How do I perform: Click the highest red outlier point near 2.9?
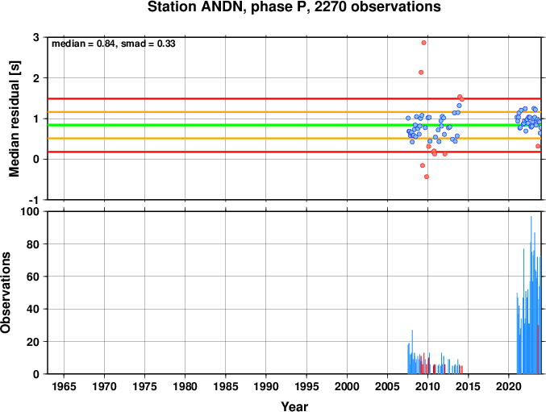pyautogui.click(x=423, y=43)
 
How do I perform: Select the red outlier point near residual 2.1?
pyautogui.click(x=421, y=73)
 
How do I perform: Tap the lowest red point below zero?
pyautogui.click(x=427, y=177)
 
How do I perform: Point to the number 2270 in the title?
pyautogui.click(x=330, y=7)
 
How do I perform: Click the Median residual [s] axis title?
pyautogui.click(x=15, y=119)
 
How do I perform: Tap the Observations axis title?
pyautogui.click(x=6, y=293)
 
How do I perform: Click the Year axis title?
pyautogui.click(x=294, y=406)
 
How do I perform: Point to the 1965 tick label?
pyautogui.click(x=64, y=386)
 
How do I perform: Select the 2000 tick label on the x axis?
pyautogui.click(x=347, y=386)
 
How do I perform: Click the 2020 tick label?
pyautogui.click(x=508, y=386)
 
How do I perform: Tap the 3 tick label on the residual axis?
pyautogui.click(x=35, y=37)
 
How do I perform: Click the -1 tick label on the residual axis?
pyautogui.click(x=34, y=200)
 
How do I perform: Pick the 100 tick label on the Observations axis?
pyautogui.click(x=31, y=211)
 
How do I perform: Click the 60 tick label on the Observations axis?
pyautogui.click(x=33, y=277)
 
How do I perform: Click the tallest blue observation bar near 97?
pyautogui.click(x=531, y=295)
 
